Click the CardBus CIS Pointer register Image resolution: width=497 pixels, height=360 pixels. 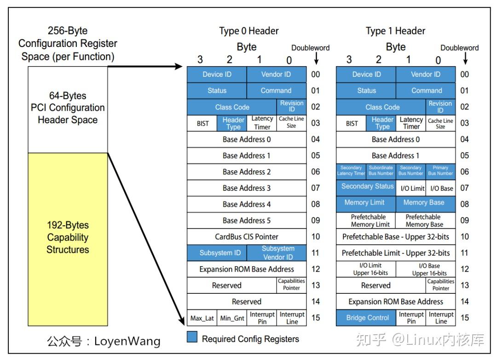pos(246,237)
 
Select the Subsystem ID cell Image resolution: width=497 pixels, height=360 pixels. pos(217,253)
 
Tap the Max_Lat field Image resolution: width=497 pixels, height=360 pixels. pos(202,318)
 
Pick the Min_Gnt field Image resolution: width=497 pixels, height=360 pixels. pos(231,318)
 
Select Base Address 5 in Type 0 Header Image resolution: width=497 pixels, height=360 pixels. pos(246,220)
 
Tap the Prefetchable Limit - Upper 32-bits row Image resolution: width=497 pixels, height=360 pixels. pos(396,253)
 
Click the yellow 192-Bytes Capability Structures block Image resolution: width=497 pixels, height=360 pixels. pos(68,239)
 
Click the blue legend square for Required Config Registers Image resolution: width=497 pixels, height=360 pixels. pos(192,338)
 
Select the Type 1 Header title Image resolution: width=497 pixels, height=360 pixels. pos(395,31)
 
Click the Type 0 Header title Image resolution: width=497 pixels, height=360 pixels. pos(248,31)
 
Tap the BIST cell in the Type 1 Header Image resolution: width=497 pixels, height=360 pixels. pos(352,123)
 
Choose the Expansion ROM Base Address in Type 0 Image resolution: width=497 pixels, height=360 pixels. pos(246,269)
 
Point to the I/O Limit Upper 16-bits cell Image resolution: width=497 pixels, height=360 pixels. pos(366,269)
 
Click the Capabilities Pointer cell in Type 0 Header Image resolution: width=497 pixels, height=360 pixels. pos(291,285)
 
